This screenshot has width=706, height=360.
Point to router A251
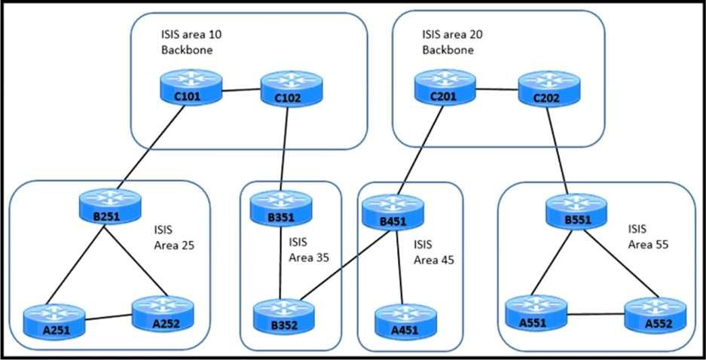pyautogui.click(x=52, y=317)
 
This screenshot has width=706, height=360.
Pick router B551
pyautogui.click(x=576, y=210)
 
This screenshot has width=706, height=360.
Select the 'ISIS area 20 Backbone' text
pyautogui.click(x=451, y=43)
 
